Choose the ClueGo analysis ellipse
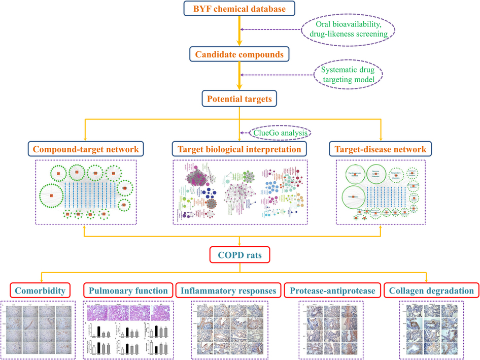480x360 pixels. pyautogui.click(x=280, y=133)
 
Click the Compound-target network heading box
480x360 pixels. pyautogui.click(x=86, y=149)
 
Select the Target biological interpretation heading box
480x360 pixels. pyautogui.click(x=239, y=149)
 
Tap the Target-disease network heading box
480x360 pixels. pyautogui.click(x=381, y=149)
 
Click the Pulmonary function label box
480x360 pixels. pyautogui.click(x=128, y=291)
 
